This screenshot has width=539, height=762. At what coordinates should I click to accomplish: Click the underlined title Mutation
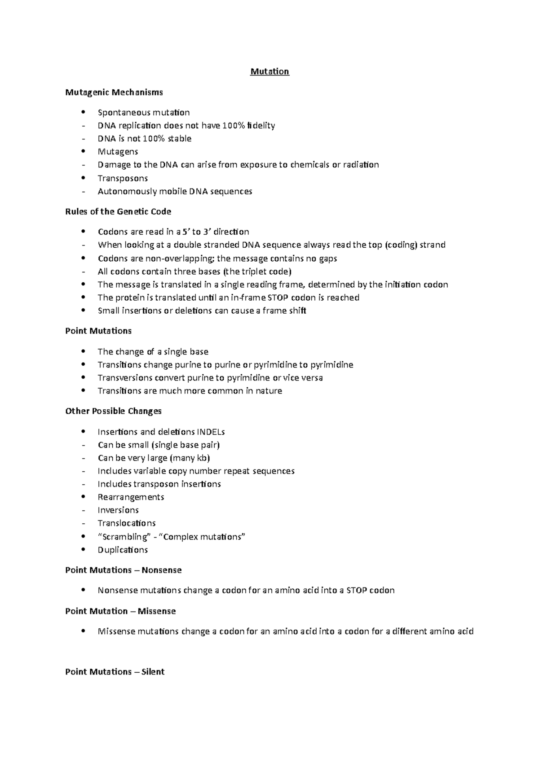[269, 72]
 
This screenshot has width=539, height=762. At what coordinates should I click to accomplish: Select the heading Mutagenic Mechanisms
[114, 92]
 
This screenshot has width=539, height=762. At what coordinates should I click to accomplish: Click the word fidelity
[261, 126]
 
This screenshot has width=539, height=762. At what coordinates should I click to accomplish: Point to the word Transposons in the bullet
[123, 178]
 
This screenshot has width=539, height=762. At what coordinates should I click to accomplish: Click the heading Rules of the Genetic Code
[118, 211]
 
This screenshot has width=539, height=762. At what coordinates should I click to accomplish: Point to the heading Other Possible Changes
[113, 411]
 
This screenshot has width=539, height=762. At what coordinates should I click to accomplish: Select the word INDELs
[211, 432]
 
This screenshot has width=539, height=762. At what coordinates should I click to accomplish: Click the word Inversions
[118, 510]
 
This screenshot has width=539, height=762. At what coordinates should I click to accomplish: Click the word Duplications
[123, 550]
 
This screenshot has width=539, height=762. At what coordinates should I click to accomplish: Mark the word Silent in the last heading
[153, 672]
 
